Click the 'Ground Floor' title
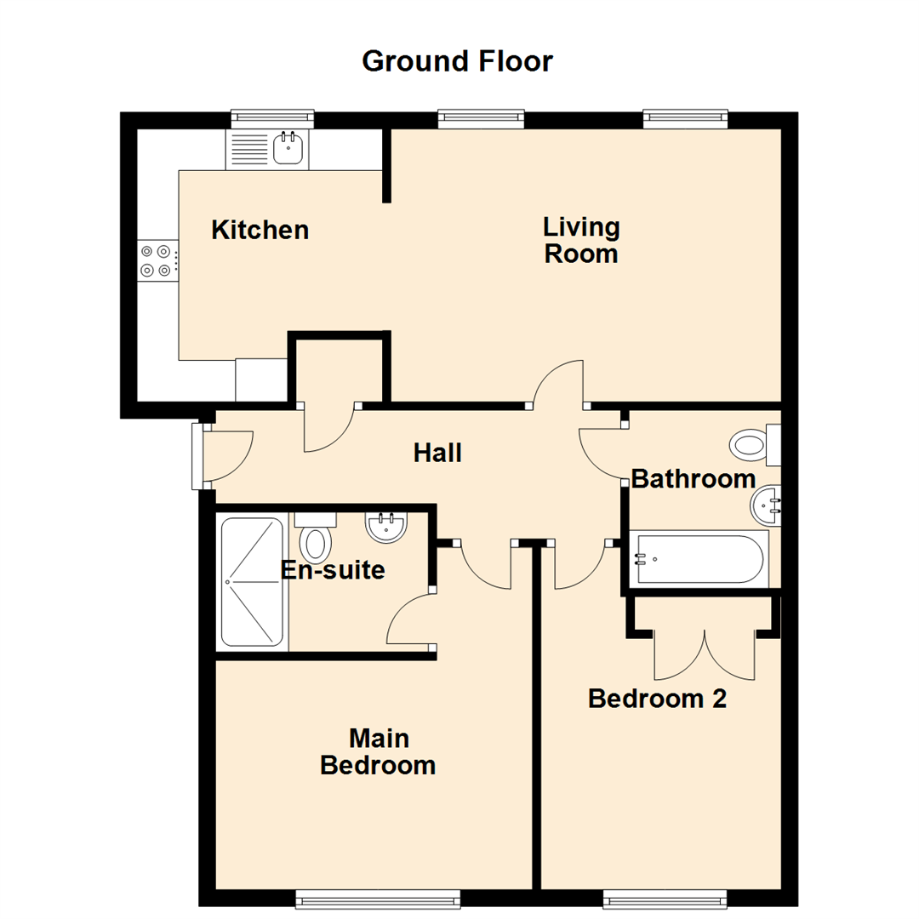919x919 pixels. [x=457, y=61]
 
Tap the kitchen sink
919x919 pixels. [x=288, y=149]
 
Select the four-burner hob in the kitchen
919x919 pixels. [x=158, y=260]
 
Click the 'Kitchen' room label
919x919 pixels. [x=260, y=230]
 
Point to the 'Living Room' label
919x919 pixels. [x=581, y=241]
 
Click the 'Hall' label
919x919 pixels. [x=437, y=453]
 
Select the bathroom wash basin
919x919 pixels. [x=767, y=506]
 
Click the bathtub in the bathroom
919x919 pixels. [x=699, y=558]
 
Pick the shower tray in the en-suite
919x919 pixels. [x=252, y=582]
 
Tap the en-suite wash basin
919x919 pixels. [x=388, y=527]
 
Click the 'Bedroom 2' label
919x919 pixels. [x=658, y=699]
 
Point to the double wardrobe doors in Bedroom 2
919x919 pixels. [x=705, y=655]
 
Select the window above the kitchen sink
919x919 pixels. [x=272, y=118]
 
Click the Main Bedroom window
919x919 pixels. [x=378, y=898]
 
